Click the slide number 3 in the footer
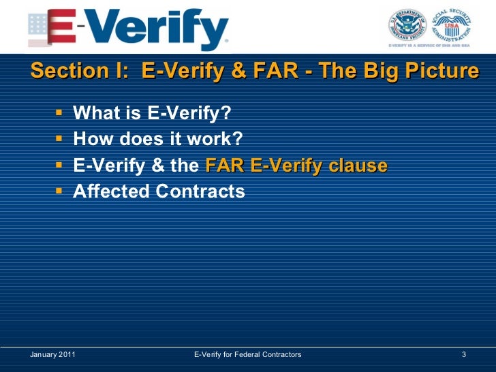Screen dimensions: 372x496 tap(463, 355)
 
